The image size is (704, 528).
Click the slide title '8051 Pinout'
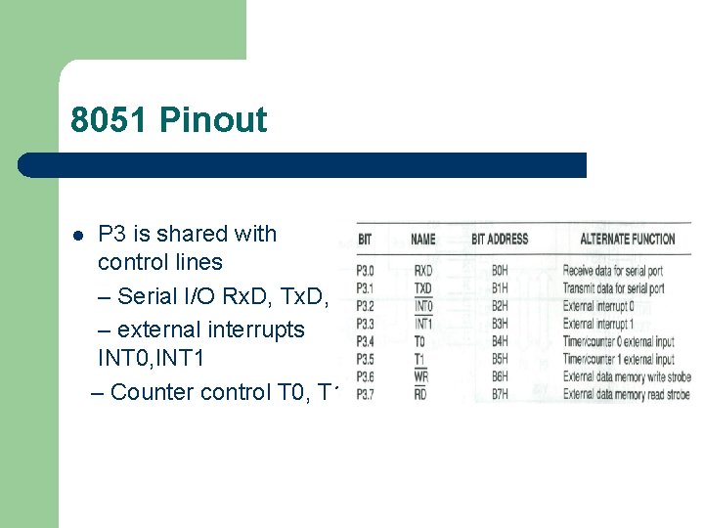click(168, 120)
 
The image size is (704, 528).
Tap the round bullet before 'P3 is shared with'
click(77, 236)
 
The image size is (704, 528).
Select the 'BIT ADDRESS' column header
click(499, 239)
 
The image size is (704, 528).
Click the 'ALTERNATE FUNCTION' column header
click(627, 239)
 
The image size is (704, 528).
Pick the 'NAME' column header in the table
click(423, 239)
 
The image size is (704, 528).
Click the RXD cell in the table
click(423, 270)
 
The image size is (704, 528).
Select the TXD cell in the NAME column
click(423, 287)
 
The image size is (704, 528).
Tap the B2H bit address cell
click(500, 305)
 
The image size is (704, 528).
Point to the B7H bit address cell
click(500, 394)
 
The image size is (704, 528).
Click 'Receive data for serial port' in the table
click(613, 270)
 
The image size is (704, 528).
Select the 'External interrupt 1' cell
click(598, 323)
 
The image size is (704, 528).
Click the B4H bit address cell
click(500, 341)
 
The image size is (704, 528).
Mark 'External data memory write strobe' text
click(627, 376)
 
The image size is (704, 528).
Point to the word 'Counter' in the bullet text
click(152, 392)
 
